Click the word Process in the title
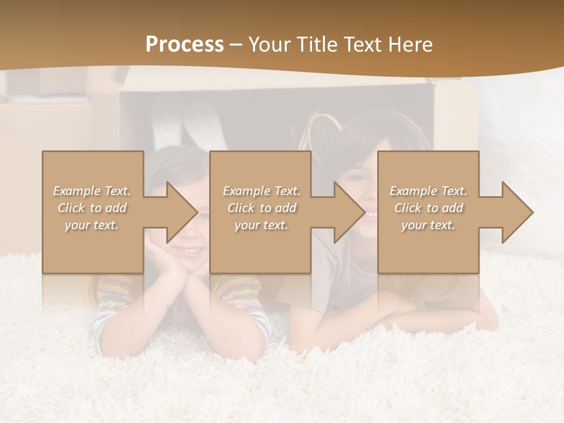pos(184,45)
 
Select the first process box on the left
pos(93,247)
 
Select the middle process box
pos(260,247)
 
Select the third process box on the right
pos(428,247)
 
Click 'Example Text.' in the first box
pos(92,191)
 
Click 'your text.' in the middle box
pos(261,225)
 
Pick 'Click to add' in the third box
pos(428,208)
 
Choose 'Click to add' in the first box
pos(92,208)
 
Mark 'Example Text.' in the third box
pos(428,191)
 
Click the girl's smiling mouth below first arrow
pos(189,251)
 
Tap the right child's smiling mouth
pos(370,216)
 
